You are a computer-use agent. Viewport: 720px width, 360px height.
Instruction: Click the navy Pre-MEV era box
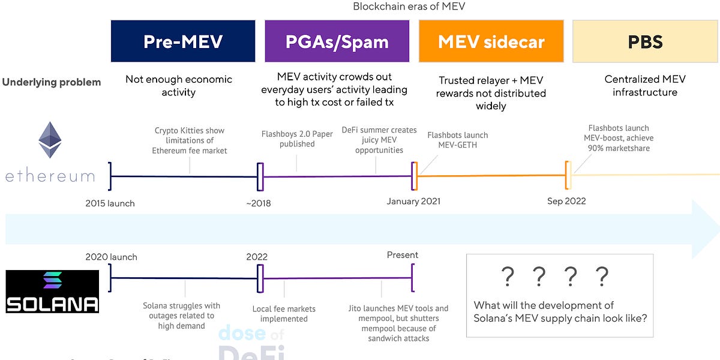pyautogui.click(x=183, y=41)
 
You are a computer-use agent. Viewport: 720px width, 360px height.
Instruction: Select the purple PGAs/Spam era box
pyautogui.click(x=337, y=41)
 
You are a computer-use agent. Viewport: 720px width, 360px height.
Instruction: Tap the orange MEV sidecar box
pyautogui.click(x=491, y=41)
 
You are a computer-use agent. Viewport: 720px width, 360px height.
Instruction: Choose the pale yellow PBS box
pyautogui.click(x=645, y=41)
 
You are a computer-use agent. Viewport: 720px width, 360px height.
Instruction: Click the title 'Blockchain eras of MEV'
pyautogui.click(x=409, y=7)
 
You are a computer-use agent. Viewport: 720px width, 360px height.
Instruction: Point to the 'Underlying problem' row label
pyautogui.click(x=52, y=82)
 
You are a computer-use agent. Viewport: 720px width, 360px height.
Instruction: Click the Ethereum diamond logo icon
pyautogui.click(x=50, y=140)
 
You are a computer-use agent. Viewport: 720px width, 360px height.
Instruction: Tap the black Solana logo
pyautogui.click(x=52, y=292)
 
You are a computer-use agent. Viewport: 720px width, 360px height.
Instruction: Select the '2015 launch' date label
pyautogui.click(x=110, y=203)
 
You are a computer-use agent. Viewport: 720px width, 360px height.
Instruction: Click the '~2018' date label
pyautogui.click(x=258, y=203)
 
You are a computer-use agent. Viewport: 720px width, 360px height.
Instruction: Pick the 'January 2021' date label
pyautogui.click(x=413, y=201)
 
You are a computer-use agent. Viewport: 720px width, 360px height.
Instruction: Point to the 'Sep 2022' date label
pyautogui.click(x=566, y=201)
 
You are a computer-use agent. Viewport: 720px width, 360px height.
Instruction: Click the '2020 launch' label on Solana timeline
pyautogui.click(x=111, y=257)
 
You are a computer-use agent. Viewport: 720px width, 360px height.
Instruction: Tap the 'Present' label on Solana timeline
pyautogui.click(x=402, y=255)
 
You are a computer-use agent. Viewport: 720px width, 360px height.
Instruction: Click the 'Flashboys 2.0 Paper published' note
pyautogui.click(x=296, y=139)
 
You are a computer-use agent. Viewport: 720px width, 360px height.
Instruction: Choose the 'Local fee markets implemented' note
pyautogui.click(x=284, y=314)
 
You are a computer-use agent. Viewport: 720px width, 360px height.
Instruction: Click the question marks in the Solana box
pyautogui.click(x=554, y=277)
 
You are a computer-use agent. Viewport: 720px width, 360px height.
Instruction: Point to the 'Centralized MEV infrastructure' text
pyautogui.click(x=645, y=86)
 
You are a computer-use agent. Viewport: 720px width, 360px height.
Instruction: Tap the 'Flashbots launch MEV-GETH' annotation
pyautogui.click(x=457, y=140)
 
